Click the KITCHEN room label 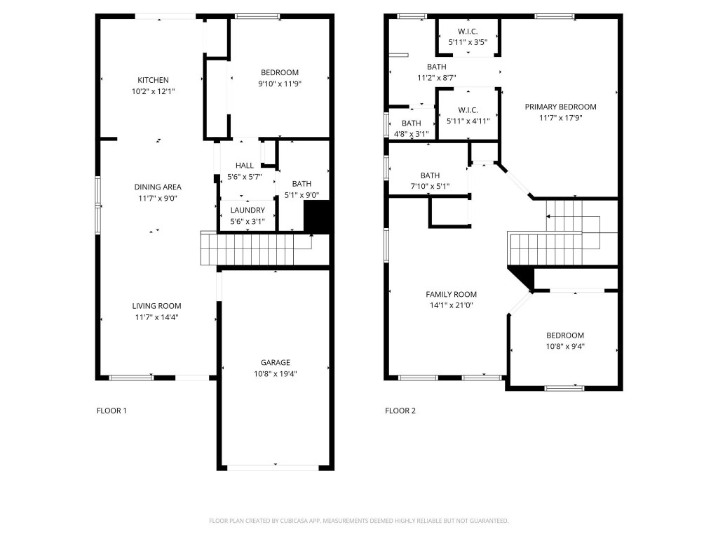pos(153,80)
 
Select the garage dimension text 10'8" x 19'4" pos(276,373)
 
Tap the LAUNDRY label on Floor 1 pos(248,211)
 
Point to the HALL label pos(245,166)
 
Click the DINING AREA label pos(158,187)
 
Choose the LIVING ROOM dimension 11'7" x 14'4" pos(157,317)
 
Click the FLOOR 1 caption pos(111,411)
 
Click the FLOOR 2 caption pos(400,411)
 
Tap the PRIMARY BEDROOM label pos(560,107)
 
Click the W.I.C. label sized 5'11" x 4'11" pos(468,121)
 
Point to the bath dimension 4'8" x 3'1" pos(412,133)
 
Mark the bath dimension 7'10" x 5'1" pos(430,186)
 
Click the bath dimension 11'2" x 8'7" pos(437,78)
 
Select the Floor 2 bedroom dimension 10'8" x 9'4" pos(565,345)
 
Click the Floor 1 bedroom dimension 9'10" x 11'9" pos(280,84)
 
